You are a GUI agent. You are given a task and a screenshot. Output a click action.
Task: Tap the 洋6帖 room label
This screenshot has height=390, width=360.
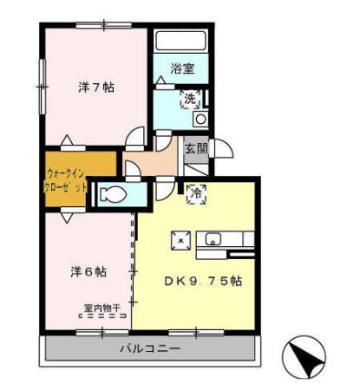click(88, 271)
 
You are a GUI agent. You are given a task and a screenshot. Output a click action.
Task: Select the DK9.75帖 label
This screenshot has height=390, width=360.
click(203, 282)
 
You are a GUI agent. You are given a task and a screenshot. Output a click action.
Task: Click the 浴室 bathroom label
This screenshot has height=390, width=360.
click(181, 67)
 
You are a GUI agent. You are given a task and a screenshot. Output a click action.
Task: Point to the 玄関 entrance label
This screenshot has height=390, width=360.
click(196, 148)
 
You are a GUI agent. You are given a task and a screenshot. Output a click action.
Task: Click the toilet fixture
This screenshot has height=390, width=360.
click(113, 194)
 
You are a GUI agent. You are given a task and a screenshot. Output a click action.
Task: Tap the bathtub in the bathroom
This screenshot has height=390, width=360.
click(180, 42)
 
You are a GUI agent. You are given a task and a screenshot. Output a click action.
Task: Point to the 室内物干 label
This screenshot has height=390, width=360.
click(102, 307)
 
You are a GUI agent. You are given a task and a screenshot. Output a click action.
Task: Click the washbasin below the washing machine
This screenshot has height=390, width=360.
click(200, 119)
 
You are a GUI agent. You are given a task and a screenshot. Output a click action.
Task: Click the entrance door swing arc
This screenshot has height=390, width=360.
click(223, 151)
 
